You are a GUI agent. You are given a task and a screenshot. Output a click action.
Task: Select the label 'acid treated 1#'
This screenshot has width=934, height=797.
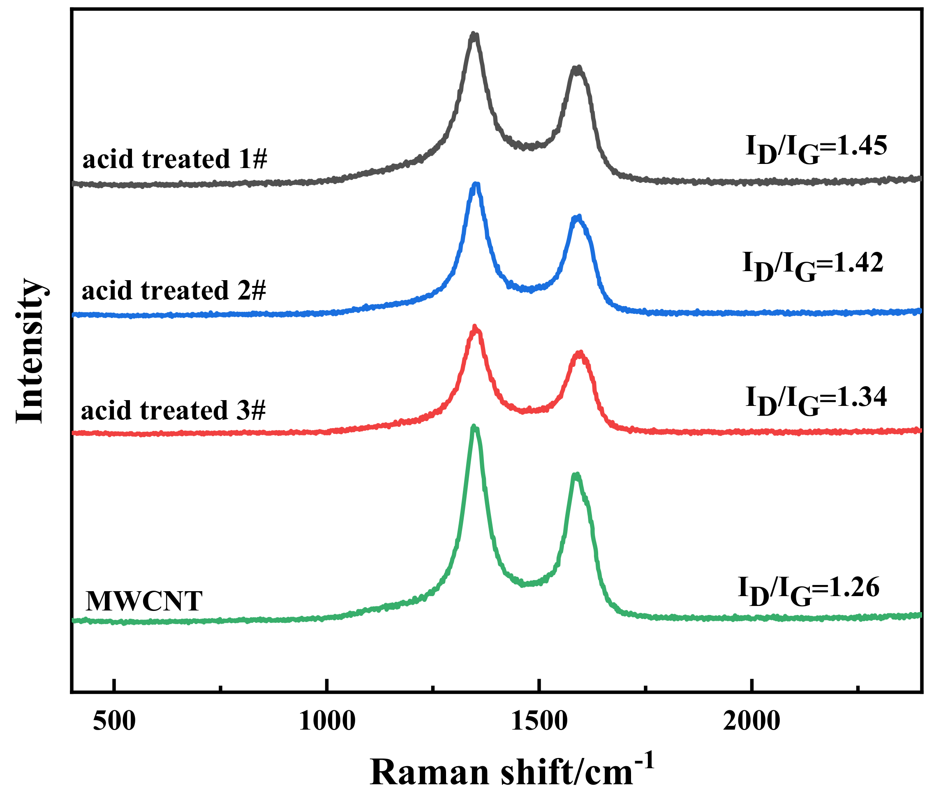click(x=175, y=159)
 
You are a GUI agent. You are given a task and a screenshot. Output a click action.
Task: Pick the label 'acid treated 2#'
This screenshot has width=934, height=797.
click(x=174, y=290)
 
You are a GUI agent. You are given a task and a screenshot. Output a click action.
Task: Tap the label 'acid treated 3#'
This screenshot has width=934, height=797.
click(x=173, y=410)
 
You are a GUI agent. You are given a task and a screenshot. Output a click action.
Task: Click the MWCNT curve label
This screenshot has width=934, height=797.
click(x=144, y=601)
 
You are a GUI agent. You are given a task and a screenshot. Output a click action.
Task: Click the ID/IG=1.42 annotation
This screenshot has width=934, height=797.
click(x=813, y=266)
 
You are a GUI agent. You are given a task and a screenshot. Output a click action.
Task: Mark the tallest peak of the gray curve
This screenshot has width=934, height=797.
click(x=474, y=34)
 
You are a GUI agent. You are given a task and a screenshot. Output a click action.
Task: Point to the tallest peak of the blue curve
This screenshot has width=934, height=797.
click(x=476, y=184)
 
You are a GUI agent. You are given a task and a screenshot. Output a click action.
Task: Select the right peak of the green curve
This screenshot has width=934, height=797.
click(x=576, y=475)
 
